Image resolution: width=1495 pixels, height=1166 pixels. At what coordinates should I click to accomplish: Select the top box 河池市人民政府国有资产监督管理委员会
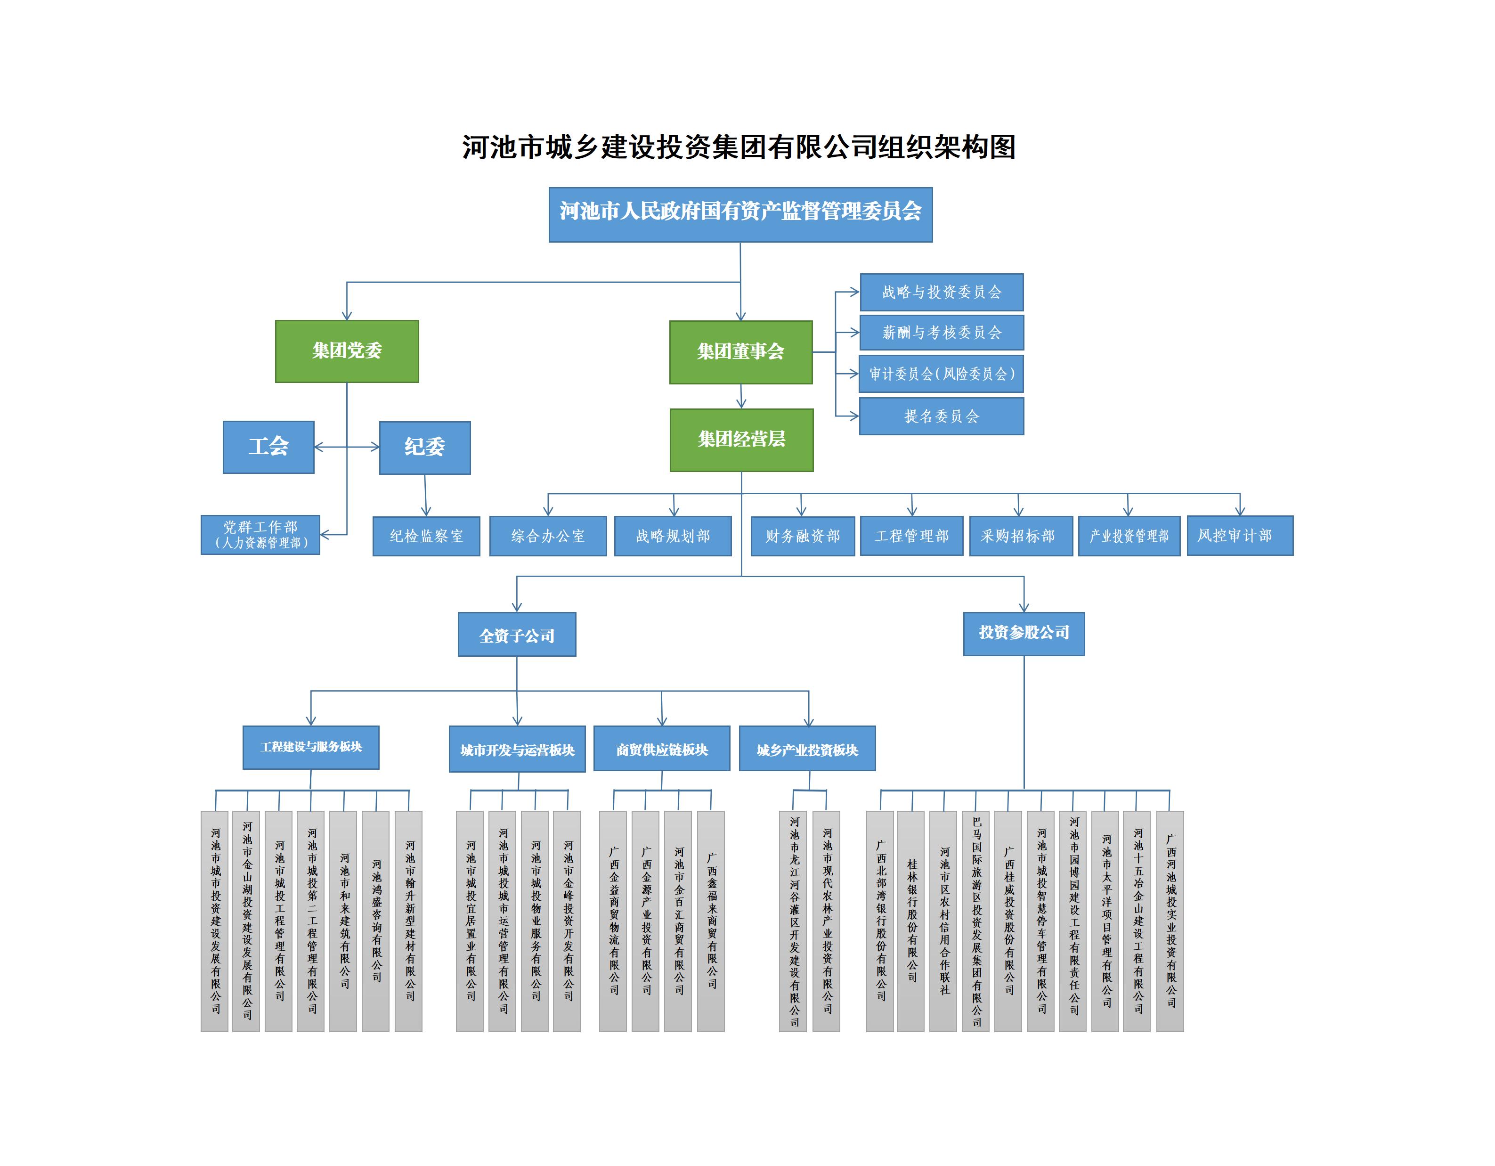[740, 214]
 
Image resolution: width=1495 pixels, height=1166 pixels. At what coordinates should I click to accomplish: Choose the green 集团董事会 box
[740, 352]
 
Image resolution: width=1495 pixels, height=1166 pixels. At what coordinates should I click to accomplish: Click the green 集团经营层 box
[741, 440]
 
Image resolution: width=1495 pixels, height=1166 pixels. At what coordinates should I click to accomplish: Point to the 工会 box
[268, 447]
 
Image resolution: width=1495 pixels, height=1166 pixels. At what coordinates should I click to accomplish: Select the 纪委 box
[424, 448]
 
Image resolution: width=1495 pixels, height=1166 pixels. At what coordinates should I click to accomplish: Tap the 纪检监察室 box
[426, 536]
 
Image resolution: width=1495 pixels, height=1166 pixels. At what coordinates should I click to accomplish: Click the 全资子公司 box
[517, 635]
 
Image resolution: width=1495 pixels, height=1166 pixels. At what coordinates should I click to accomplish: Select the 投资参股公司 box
[1024, 633]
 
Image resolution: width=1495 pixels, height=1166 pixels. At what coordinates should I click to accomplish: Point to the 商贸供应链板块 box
[661, 749]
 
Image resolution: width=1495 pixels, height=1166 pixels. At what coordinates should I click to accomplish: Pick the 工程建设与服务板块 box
[311, 747]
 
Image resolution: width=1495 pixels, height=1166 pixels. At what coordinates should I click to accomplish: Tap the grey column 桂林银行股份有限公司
[911, 921]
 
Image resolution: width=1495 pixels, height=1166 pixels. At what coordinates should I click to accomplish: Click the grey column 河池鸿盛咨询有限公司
[376, 921]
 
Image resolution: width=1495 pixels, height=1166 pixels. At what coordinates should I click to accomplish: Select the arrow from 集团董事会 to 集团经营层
[741, 396]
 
